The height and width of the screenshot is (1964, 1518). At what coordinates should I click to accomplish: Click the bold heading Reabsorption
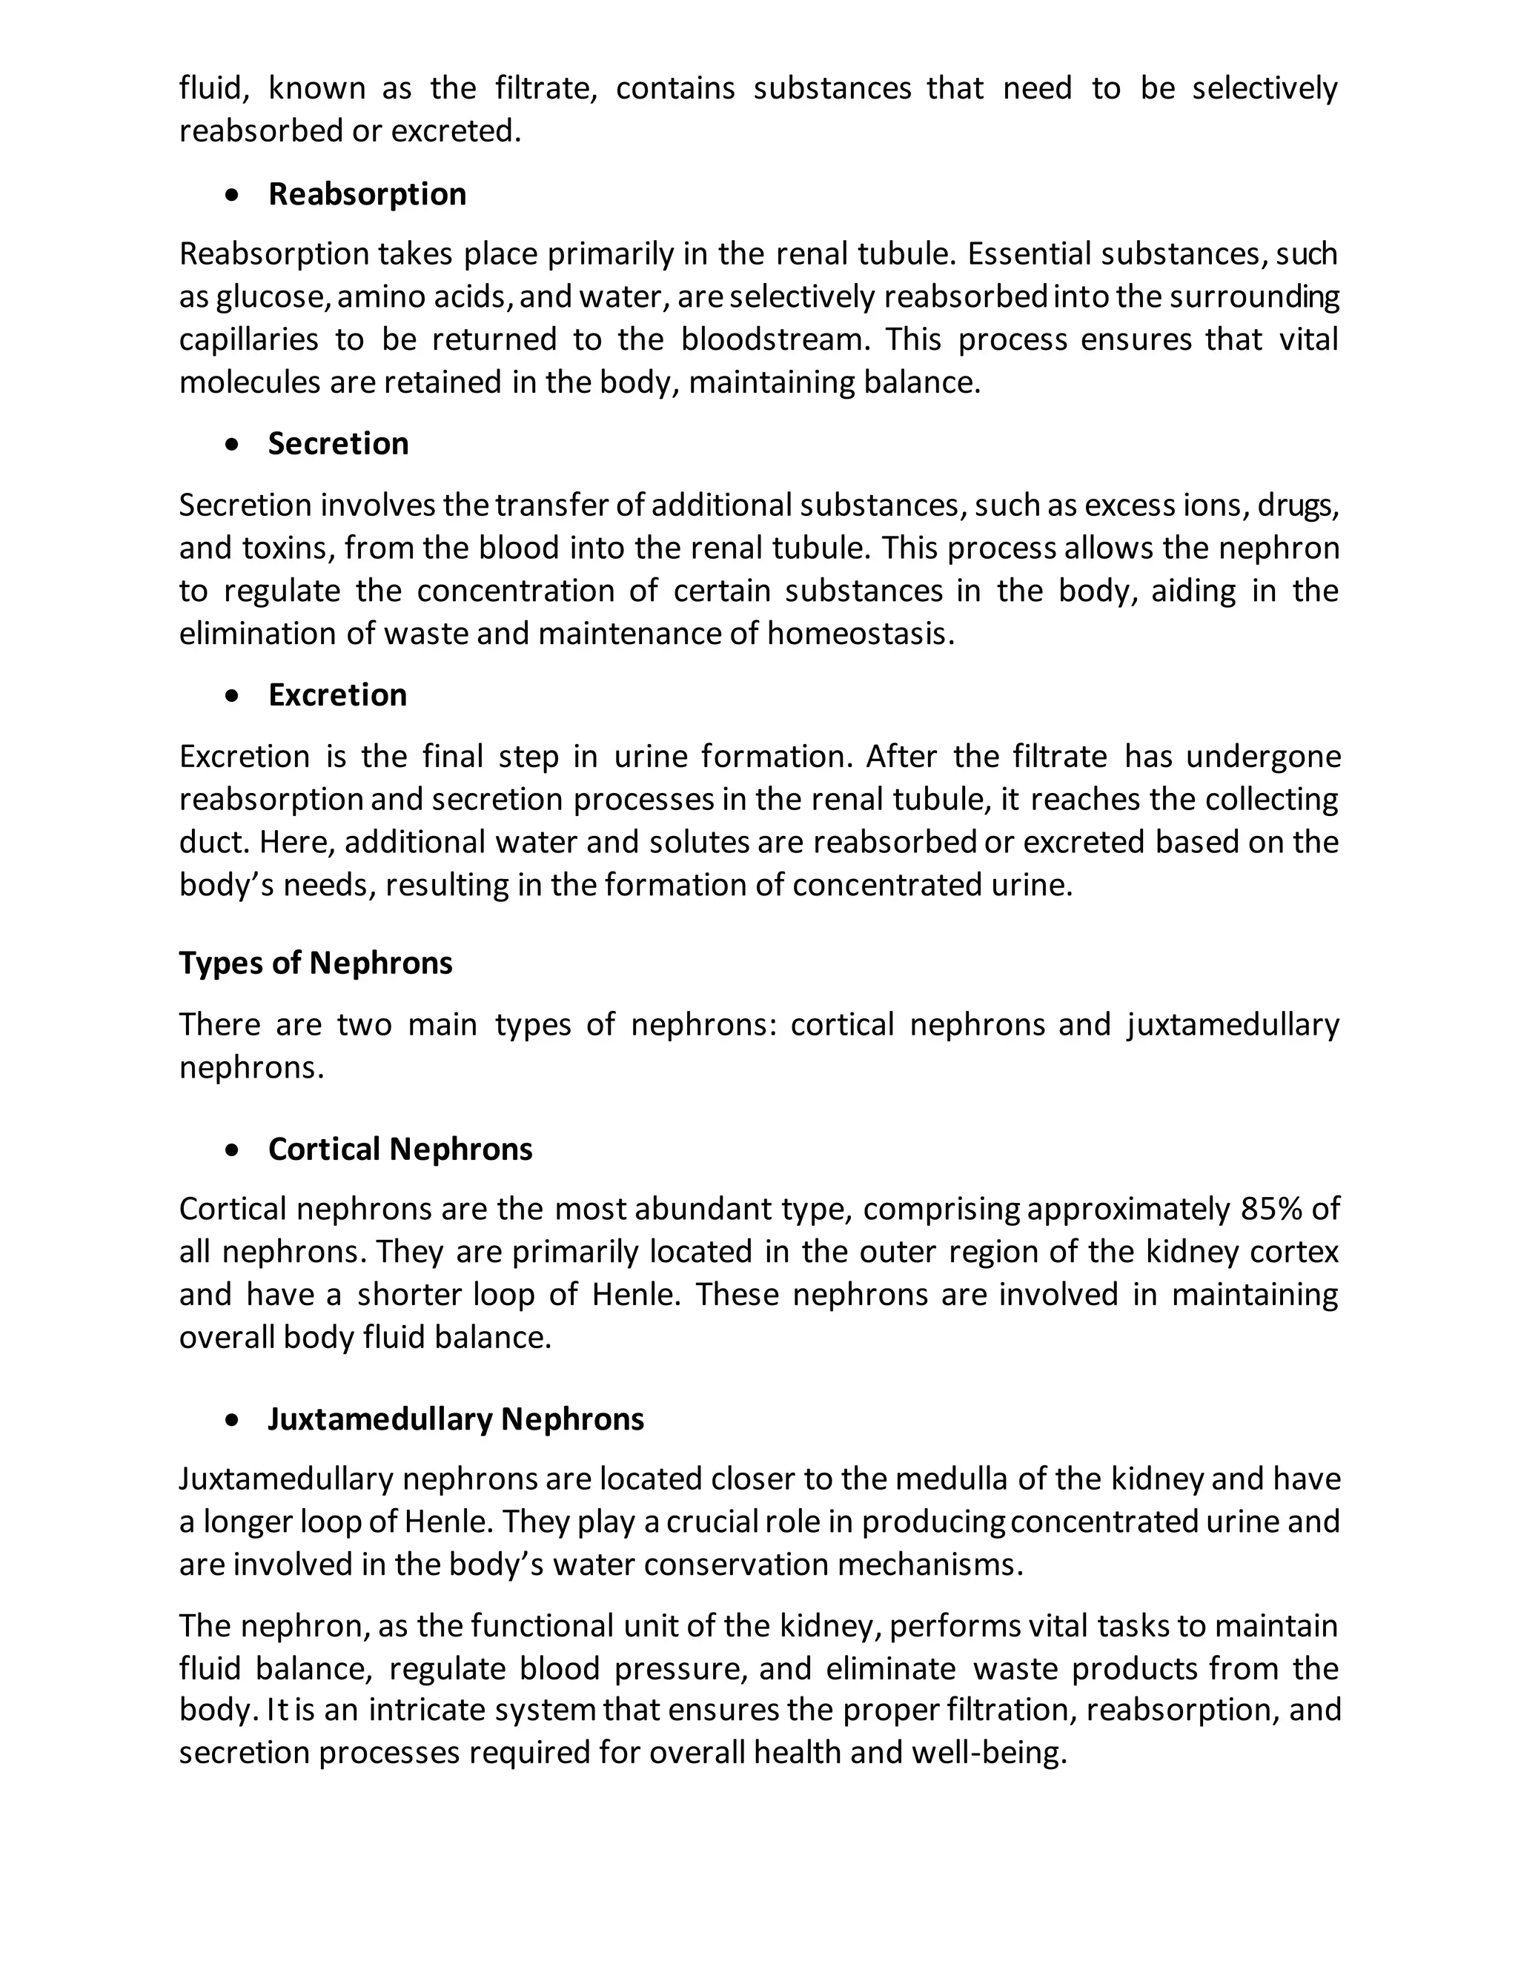367,194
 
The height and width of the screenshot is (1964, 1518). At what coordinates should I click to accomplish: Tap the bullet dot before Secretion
233,444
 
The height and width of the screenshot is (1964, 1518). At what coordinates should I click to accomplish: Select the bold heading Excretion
337,695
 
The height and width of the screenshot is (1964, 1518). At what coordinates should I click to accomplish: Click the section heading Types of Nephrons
316,963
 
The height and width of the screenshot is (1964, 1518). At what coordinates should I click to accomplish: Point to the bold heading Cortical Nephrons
400,1149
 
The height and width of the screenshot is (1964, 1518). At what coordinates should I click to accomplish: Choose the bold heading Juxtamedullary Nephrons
456,1419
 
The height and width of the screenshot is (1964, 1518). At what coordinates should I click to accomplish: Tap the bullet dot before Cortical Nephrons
233,1150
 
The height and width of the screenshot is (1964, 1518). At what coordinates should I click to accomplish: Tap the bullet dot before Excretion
233,696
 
